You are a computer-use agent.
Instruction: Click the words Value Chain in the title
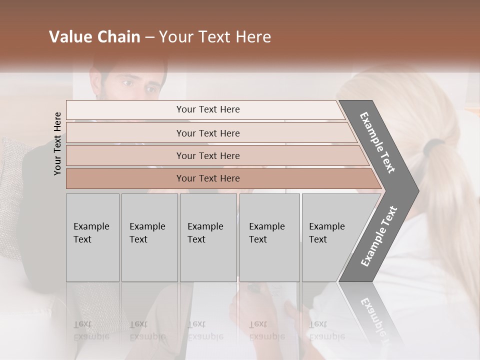click(x=94, y=37)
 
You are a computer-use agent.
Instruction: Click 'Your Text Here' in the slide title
click(x=215, y=37)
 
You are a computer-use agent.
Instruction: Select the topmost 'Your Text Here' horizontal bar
click(x=207, y=109)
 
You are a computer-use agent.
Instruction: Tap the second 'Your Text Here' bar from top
click(x=207, y=133)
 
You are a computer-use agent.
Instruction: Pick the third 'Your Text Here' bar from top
click(x=207, y=155)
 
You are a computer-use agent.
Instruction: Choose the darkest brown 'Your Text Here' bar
click(x=207, y=178)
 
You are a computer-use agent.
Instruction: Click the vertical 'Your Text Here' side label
click(x=57, y=143)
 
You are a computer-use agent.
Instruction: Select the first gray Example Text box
click(x=92, y=237)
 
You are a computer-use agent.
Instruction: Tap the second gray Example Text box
click(x=149, y=237)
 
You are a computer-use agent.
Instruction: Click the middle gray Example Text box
click(x=208, y=237)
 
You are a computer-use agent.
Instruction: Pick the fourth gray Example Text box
click(x=269, y=237)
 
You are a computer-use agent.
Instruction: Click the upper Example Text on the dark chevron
click(x=377, y=142)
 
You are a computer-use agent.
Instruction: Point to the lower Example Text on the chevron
click(x=378, y=236)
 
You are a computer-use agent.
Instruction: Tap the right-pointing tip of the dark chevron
click(x=416, y=190)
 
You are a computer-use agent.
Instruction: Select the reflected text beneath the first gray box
click(x=91, y=330)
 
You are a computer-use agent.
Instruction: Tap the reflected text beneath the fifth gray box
click(x=326, y=330)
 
